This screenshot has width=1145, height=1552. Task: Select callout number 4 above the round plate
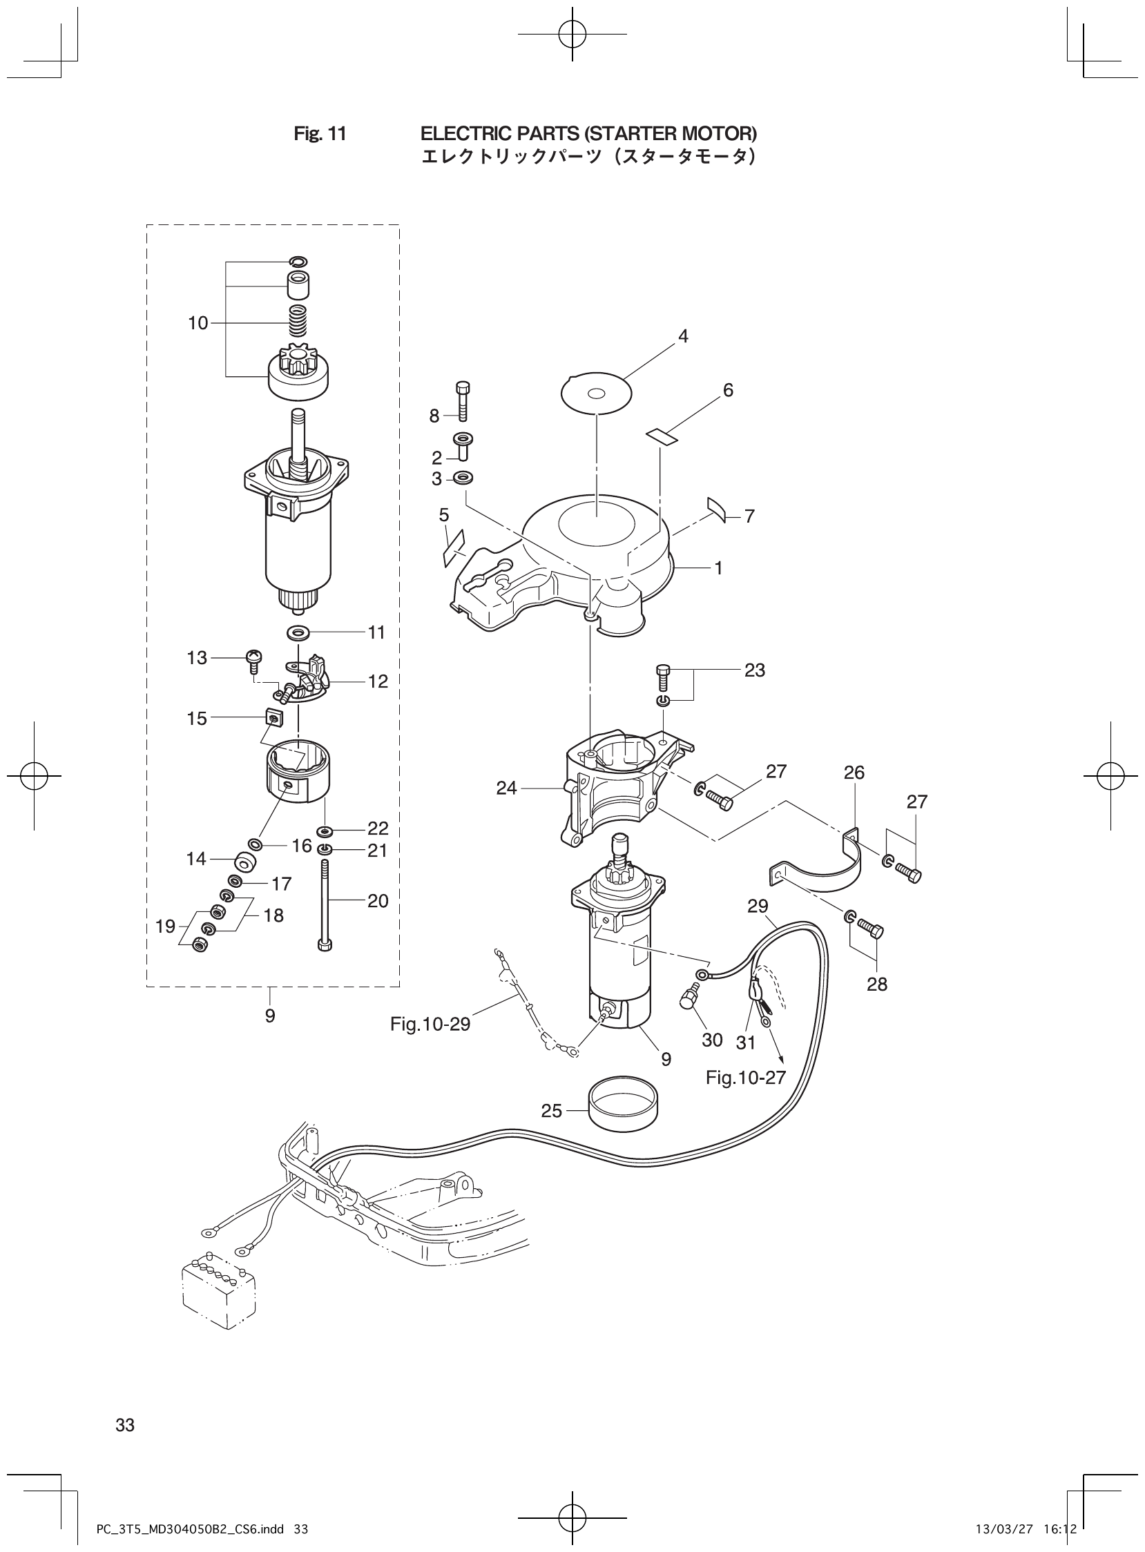pyautogui.click(x=684, y=337)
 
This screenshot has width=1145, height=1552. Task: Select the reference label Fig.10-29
pyautogui.click(x=430, y=1023)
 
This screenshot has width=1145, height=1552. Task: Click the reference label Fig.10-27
pyautogui.click(x=747, y=1078)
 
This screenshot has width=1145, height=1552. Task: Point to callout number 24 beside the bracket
pyautogui.click(x=507, y=788)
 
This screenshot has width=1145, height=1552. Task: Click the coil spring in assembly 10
pyautogui.click(x=298, y=317)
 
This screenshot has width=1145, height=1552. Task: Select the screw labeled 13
pyautogui.click(x=253, y=657)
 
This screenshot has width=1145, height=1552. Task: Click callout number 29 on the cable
pyautogui.click(x=758, y=906)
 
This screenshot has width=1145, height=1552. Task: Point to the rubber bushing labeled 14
pyautogui.click(x=246, y=862)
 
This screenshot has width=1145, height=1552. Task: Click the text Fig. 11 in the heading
pyautogui.click(x=320, y=133)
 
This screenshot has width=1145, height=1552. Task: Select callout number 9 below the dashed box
pyautogui.click(x=269, y=1016)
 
